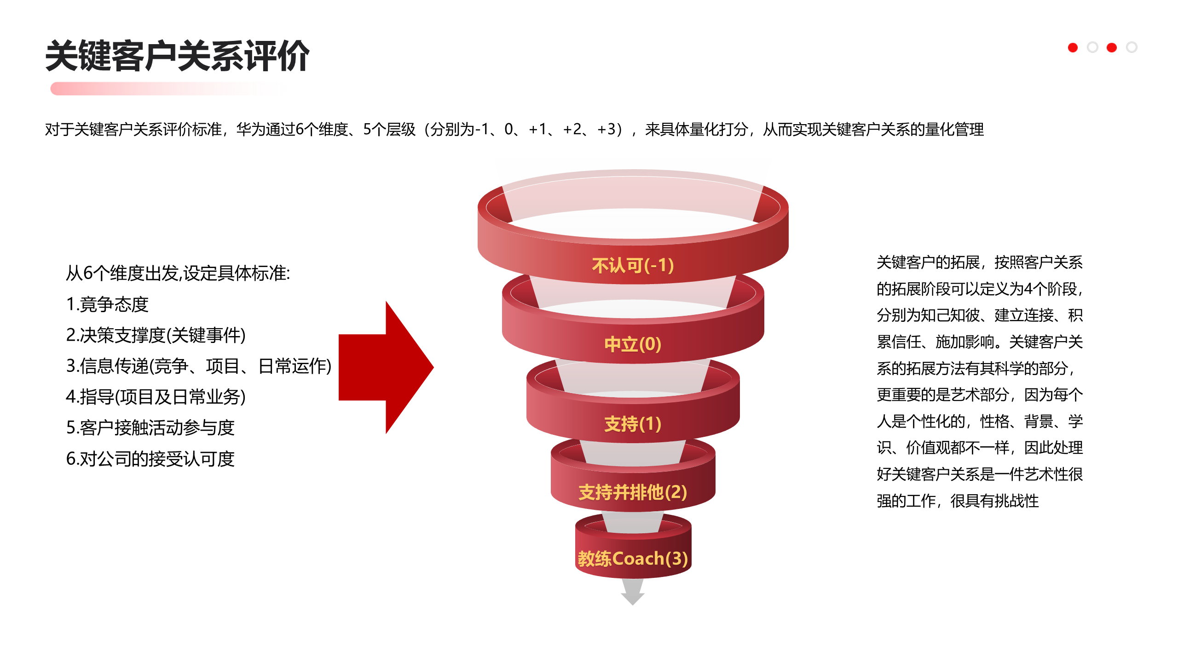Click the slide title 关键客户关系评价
177,56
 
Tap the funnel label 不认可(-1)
633,265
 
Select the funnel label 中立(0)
633,344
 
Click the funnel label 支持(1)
633,423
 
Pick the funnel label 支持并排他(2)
633,492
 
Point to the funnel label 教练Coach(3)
633,559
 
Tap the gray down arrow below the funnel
633,592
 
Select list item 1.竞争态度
107,304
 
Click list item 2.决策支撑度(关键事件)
156,335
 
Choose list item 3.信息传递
198,366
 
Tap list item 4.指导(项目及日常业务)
156,397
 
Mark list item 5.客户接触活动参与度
150,428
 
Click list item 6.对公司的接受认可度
150,458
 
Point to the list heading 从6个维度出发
178,273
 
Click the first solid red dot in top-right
1073,47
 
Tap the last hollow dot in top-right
1132,47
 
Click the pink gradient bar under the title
166,88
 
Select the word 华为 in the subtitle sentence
251,129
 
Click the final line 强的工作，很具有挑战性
958,501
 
